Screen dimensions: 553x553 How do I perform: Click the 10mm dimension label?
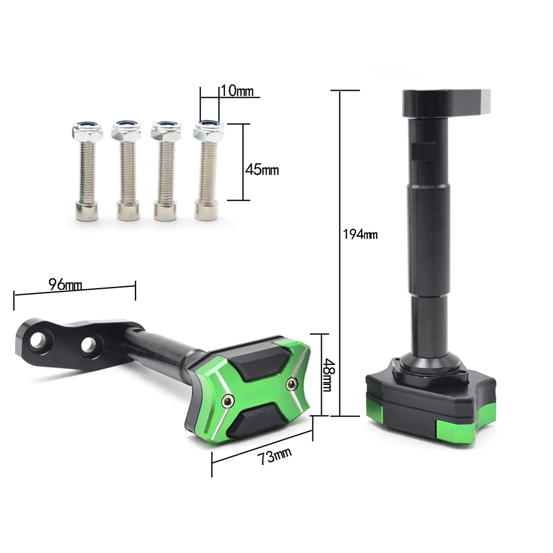point(237,91)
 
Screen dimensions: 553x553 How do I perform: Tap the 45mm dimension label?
point(262,170)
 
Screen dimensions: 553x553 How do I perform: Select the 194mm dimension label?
point(360,234)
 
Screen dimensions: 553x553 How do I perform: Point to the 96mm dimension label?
point(65,284)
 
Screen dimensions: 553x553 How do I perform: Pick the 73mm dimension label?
point(274,456)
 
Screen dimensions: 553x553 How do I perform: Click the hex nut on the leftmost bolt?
point(88,130)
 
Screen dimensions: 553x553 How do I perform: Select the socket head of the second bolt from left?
point(128,211)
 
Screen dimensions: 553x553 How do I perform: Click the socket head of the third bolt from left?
point(165,211)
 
